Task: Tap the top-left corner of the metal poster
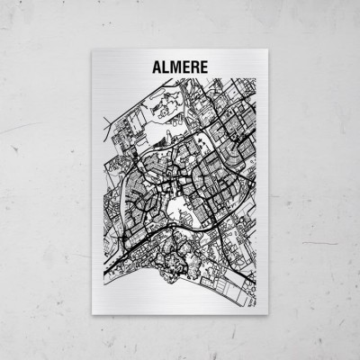click(94, 49)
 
